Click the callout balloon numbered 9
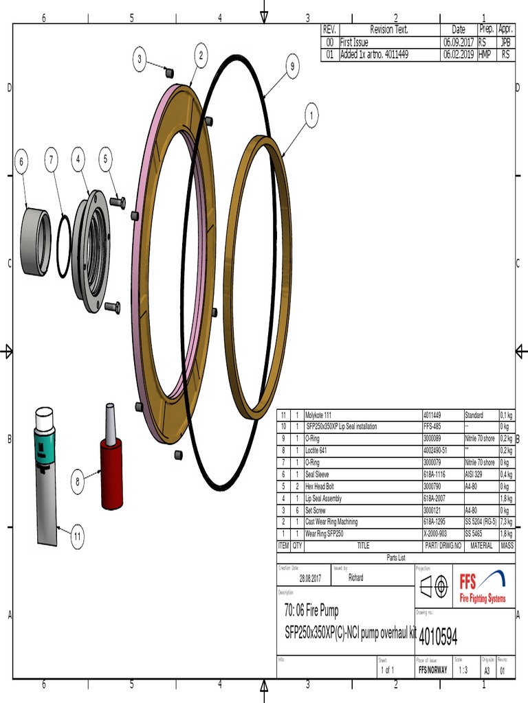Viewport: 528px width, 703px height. tap(292, 67)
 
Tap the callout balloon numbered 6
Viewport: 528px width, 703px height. tap(21, 162)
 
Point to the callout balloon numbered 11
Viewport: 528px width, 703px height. tap(77, 536)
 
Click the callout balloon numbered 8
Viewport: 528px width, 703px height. tap(78, 481)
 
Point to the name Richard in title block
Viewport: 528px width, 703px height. tap(355, 578)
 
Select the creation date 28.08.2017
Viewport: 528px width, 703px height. tap(309, 579)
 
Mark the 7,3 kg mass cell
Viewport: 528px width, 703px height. tap(507, 522)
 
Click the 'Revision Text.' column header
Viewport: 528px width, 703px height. tap(389, 30)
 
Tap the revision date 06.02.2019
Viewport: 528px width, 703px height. tap(458, 54)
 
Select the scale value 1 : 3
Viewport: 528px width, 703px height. tap(463, 670)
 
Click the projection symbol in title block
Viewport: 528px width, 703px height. tap(433, 586)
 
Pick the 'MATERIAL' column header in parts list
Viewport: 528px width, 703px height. tap(481, 546)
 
